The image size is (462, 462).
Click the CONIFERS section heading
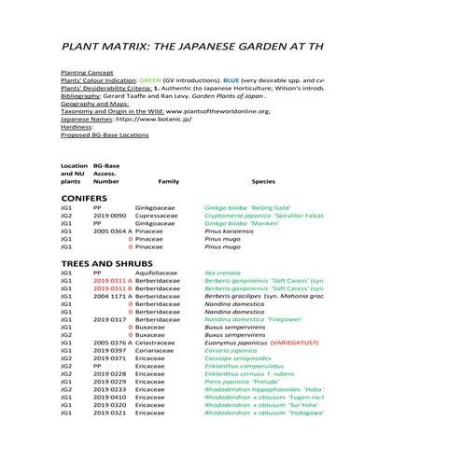click(86, 199)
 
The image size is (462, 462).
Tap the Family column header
click(169, 181)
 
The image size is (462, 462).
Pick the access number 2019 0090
click(110, 216)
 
